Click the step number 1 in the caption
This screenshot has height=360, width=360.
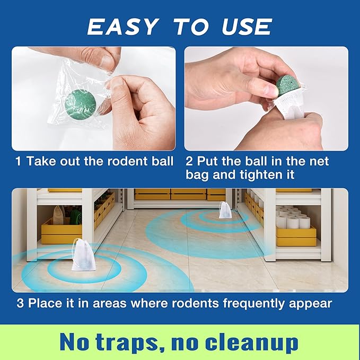tap(19, 161)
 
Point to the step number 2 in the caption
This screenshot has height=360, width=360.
tap(190, 161)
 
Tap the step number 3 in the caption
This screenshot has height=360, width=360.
tap(19, 304)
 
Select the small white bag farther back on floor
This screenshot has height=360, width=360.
tap(225, 210)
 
